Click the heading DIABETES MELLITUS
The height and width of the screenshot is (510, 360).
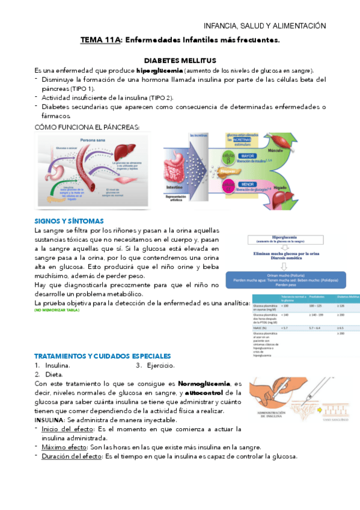[x=180, y=61]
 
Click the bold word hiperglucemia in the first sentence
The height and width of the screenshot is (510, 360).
[x=156, y=70]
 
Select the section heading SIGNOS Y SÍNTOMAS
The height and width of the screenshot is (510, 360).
[x=69, y=221]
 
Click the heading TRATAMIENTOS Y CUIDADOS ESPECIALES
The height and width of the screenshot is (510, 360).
[x=103, y=356]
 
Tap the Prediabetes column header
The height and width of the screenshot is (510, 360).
[x=316, y=298]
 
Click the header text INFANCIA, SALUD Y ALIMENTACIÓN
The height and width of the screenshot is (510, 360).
[x=265, y=26]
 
